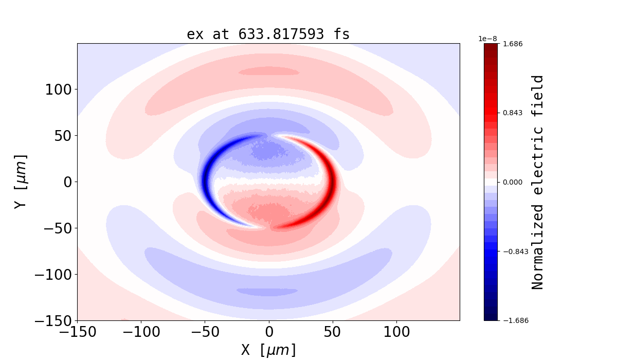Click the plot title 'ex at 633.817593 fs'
[x=268, y=34]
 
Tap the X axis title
[x=268, y=350]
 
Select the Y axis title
[x=21, y=182]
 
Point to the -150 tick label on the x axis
[x=77, y=332]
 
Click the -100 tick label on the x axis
[x=141, y=332]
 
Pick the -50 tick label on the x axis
[x=205, y=332]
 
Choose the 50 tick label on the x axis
[x=333, y=332]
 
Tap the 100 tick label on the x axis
[x=396, y=332]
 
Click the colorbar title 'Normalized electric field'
[x=538, y=182]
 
